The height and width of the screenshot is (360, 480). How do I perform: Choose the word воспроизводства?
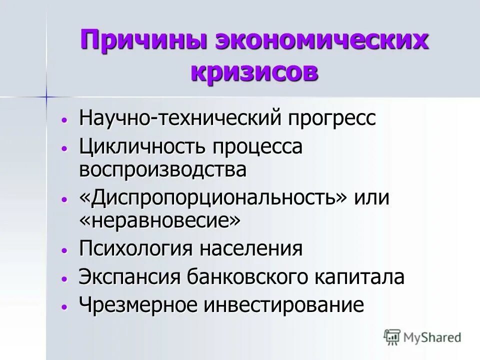(162, 169)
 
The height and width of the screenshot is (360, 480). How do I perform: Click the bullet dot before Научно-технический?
(63, 120)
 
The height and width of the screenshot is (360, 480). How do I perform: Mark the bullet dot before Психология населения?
(63, 249)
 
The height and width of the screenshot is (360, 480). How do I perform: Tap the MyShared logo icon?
(393, 337)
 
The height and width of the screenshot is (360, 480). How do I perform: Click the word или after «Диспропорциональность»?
(371, 198)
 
